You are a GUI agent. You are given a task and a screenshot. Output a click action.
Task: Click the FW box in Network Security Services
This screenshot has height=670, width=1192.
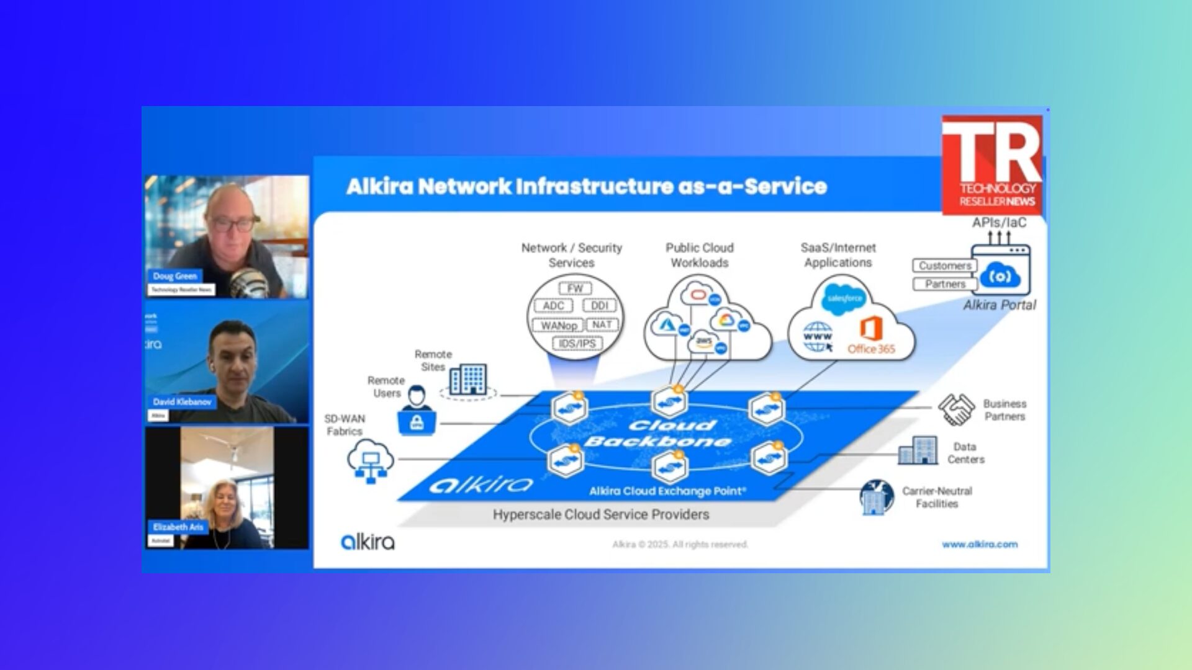[x=575, y=288]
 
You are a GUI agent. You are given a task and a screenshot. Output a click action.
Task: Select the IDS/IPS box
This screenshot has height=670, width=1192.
[x=577, y=344]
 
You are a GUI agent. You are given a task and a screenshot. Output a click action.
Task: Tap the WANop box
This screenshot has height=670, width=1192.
[x=558, y=325]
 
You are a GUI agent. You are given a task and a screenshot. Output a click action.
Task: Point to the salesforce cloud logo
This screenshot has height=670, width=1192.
[x=844, y=299]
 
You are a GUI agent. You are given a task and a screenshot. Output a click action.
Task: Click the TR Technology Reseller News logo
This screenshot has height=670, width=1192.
[x=992, y=165]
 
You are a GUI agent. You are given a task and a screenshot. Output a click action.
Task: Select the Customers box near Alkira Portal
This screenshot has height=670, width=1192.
[x=944, y=266]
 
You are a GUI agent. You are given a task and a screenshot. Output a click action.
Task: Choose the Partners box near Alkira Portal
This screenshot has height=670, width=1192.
[x=944, y=284]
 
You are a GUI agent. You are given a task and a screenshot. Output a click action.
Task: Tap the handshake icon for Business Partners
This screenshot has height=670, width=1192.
[x=956, y=409]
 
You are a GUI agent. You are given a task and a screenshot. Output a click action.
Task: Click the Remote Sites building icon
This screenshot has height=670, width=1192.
[x=468, y=379]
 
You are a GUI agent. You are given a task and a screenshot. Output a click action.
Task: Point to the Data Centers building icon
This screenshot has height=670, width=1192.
[x=918, y=450]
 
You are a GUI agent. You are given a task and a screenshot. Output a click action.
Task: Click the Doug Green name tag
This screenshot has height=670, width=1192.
[x=174, y=276]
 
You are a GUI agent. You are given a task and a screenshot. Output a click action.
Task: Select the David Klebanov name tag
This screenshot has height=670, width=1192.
[x=182, y=401]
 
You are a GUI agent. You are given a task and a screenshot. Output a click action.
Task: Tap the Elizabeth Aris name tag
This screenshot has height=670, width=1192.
[x=178, y=527]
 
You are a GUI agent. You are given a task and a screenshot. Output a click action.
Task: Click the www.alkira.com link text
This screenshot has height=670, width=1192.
[x=979, y=544]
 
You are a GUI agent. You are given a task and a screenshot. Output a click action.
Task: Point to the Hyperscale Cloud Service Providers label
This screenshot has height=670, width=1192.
[x=600, y=514]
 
